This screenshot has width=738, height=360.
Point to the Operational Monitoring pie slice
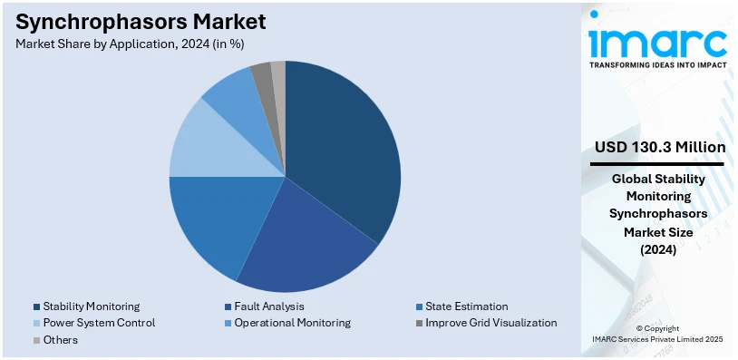(231, 95)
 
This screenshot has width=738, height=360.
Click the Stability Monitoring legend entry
(92, 307)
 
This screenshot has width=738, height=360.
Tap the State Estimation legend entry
(465, 307)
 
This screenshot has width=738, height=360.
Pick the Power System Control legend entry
(99, 323)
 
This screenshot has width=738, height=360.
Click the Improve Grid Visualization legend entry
(490, 323)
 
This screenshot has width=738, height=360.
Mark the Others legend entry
(60, 339)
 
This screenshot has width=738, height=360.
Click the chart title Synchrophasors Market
(141, 21)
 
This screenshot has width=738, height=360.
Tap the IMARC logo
(657, 41)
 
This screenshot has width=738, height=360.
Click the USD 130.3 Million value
(659, 147)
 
